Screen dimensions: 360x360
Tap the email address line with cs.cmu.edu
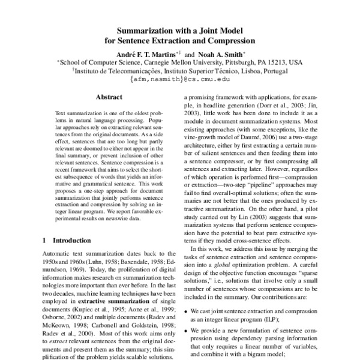pyautogui.click(x=180, y=79)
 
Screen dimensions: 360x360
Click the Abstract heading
pyautogui.click(x=108, y=97)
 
